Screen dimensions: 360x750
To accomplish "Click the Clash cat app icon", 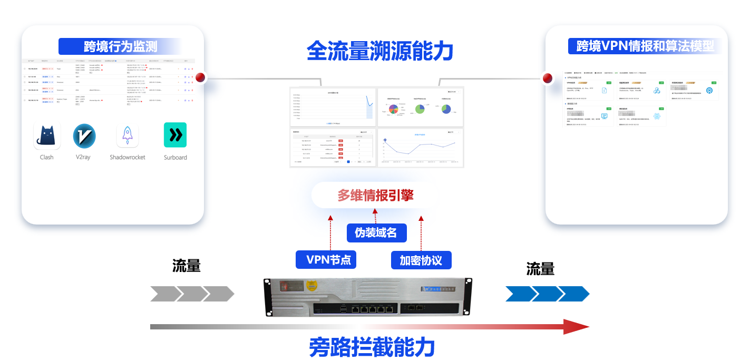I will pos(47,136).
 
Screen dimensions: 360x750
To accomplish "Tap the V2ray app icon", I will pos(84,135).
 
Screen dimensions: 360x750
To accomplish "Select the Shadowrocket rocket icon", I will pos(128,136).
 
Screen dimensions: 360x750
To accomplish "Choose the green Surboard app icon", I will pos(175,135).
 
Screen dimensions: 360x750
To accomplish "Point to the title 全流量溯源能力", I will pos(379,52).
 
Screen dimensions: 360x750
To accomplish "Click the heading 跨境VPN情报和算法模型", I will pos(645,46).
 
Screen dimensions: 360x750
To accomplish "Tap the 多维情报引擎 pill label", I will pos(375,196).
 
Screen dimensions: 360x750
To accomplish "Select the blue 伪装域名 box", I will pos(375,232).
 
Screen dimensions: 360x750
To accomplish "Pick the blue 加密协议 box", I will pos(421,260).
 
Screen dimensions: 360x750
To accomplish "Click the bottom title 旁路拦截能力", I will pos(372,348).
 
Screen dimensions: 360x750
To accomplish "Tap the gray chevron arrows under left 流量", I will pos(192,294).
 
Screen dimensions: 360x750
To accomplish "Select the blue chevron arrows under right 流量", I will pos(547,294).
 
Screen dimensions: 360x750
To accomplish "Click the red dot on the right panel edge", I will pos(548,79).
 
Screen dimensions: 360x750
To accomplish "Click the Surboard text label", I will pos(175,157).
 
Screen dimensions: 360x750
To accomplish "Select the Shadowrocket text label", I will pos(128,157).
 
